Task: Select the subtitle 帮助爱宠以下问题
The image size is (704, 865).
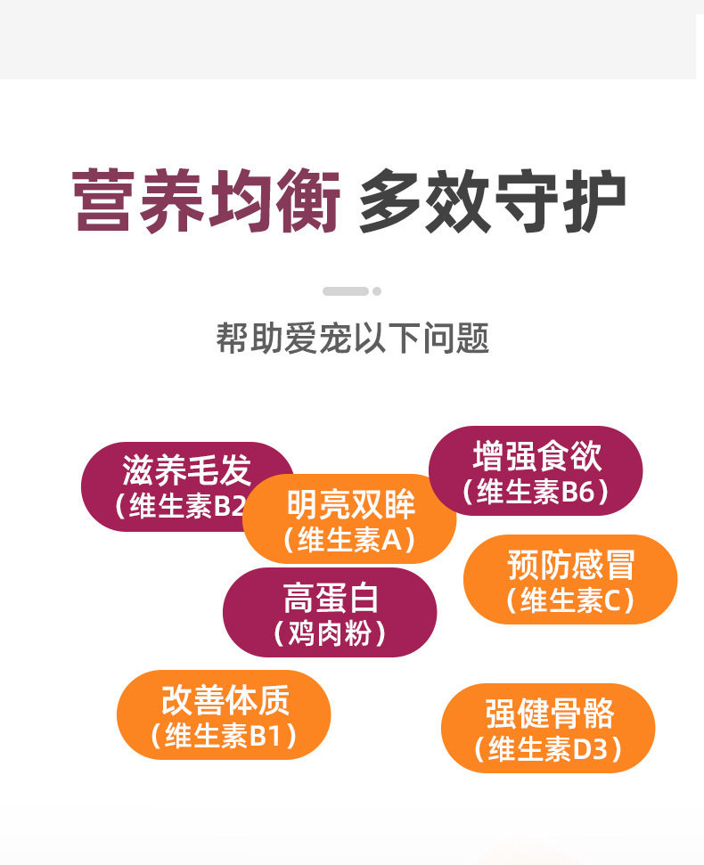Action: point(352,339)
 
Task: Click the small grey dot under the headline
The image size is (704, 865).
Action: point(377,291)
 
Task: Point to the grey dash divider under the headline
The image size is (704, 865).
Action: point(345,291)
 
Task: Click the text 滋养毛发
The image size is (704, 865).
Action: point(187,470)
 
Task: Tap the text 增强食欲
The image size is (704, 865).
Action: point(536,457)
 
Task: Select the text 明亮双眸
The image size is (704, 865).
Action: point(350,505)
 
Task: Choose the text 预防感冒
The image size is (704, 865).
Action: point(570,565)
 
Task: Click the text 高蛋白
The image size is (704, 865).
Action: point(331,598)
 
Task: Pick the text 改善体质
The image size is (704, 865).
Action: point(225,701)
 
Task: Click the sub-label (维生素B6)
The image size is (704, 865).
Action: point(536,492)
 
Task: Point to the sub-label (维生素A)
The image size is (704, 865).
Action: point(349,539)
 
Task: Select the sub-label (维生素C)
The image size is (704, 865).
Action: point(570,600)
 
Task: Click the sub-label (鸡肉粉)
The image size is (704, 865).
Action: point(331,633)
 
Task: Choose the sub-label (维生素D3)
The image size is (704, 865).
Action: point(548,750)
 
